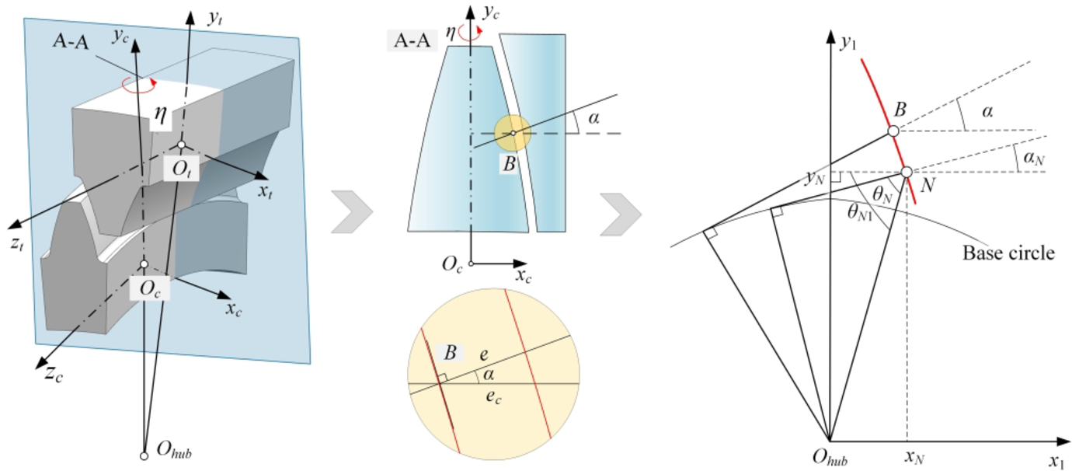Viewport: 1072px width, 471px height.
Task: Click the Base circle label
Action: (x=1008, y=253)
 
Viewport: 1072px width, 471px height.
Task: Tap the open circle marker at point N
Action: (x=906, y=172)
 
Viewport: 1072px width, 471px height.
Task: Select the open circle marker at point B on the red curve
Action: (x=893, y=131)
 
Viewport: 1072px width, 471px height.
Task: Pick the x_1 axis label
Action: (x=1055, y=460)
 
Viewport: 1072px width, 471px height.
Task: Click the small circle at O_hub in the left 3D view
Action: (x=144, y=455)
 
